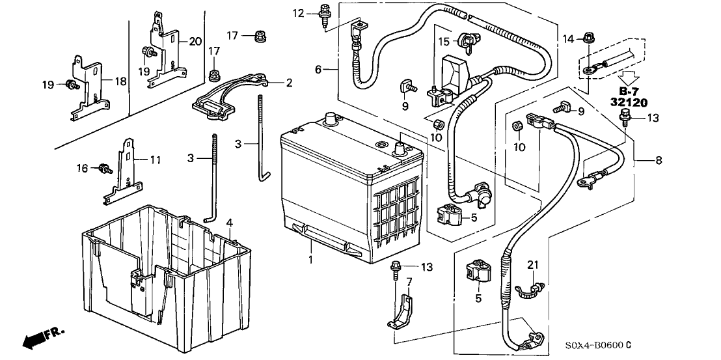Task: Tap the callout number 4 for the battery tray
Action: coord(229,224)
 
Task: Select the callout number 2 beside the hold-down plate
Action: coord(289,83)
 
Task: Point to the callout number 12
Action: coord(299,13)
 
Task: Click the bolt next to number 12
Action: coord(323,14)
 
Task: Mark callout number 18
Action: coord(120,80)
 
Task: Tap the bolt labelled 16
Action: coord(103,169)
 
